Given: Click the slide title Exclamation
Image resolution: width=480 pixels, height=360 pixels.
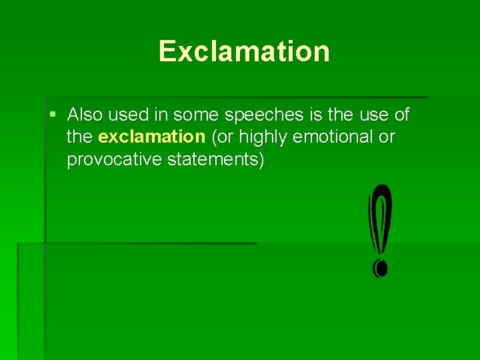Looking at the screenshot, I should click(x=244, y=51).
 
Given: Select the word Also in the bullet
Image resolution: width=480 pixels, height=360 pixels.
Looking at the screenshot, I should click(x=85, y=115).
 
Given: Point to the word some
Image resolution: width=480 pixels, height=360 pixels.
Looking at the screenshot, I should click(x=197, y=115).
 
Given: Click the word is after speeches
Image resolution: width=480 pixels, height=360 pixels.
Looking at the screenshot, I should click(x=316, y=115).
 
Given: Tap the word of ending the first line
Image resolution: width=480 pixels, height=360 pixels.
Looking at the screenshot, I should click(x=402, y=115).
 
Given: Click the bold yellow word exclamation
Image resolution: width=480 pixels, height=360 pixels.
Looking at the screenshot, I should click(x=151, y=137).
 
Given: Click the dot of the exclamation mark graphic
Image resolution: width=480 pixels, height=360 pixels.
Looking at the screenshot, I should click(x=380, y=268).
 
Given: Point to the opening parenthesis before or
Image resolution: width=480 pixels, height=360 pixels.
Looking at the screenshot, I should click(x=213, y=138).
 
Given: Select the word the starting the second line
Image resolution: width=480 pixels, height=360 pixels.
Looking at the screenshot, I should click(x=80, y=137).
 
